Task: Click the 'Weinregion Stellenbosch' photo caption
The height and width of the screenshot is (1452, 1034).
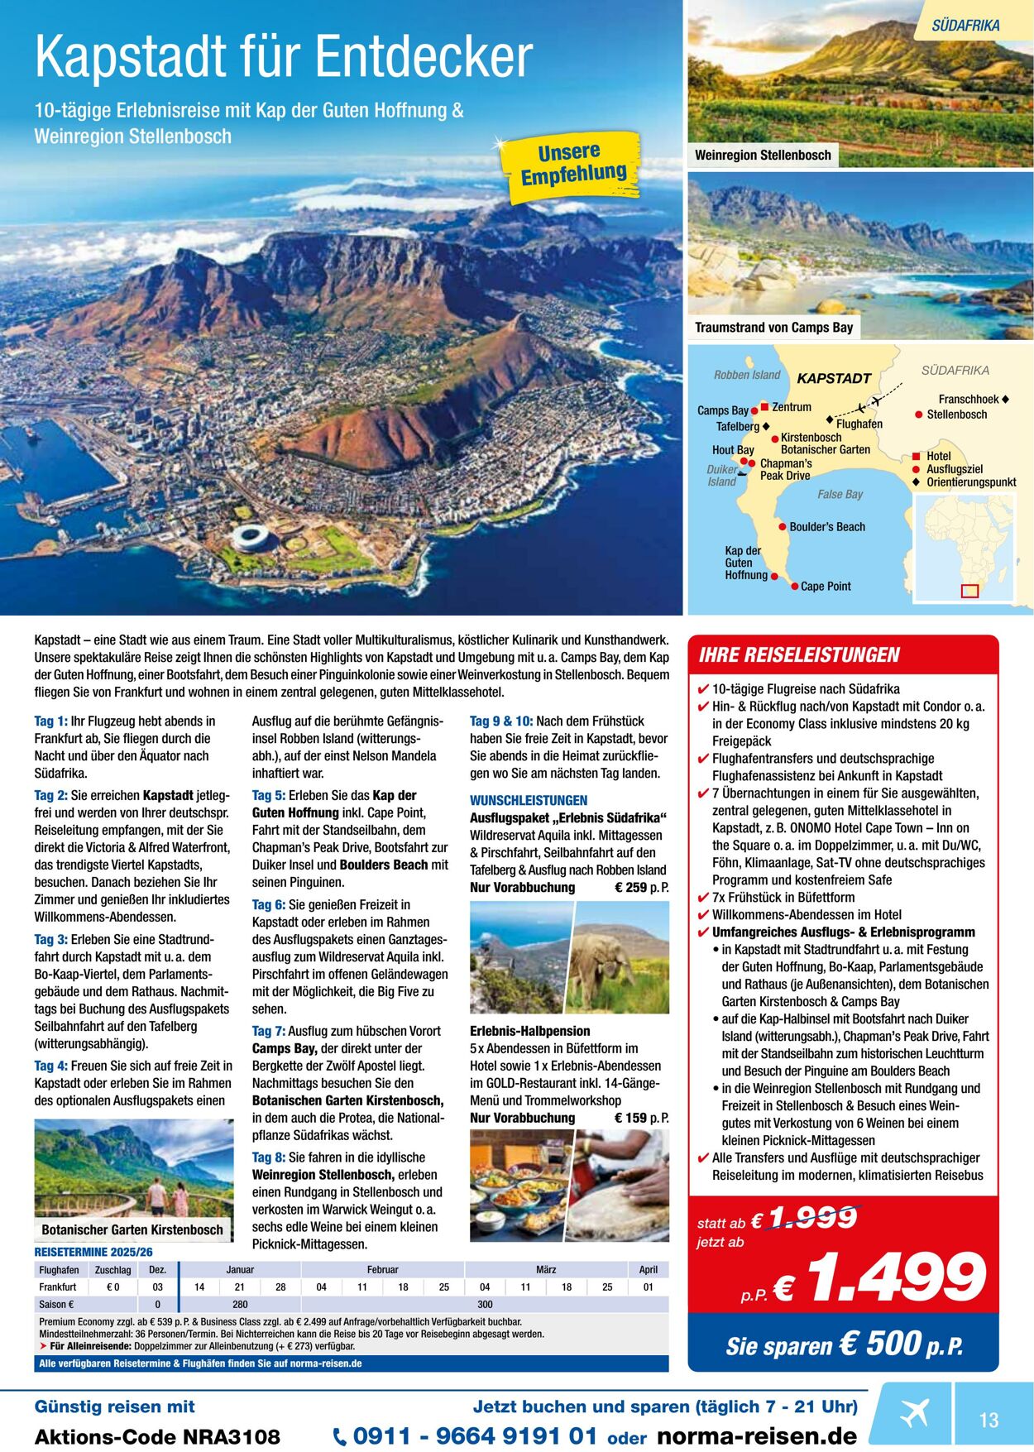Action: tap(763, 155)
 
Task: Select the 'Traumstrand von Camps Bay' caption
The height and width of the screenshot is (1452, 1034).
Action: tap(773, 328)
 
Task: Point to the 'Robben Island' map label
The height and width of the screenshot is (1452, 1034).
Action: tap(747, 375)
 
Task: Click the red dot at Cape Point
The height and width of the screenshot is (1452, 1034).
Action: tap(794, 587)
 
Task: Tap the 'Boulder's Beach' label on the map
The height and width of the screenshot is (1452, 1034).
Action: tap(826, 527)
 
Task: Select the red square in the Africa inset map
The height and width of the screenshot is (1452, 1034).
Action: tap(969, 591)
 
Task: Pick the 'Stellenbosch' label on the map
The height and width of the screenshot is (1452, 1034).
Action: tap(956, 415)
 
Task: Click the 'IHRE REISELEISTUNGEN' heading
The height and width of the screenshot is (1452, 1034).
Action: tap(799, 655)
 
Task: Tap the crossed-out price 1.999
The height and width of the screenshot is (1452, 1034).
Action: tap(814, 1218)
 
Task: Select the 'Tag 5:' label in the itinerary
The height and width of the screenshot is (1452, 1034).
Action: tap(268, 795)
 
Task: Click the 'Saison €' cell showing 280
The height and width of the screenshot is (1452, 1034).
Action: tap(240, 1305)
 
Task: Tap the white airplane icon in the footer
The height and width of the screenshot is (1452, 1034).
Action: tap(915, 1414)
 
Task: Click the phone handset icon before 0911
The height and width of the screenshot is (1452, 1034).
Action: tap(340, 1437)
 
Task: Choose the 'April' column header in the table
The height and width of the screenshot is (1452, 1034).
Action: tap(648, 1270)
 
